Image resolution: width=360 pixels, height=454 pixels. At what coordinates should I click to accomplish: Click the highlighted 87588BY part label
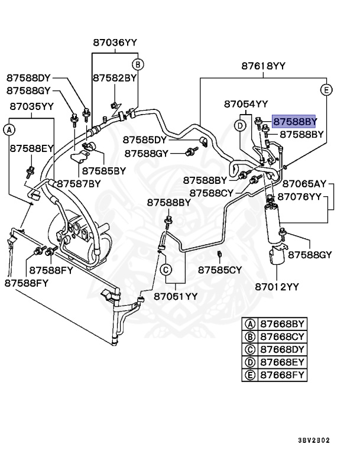pos(294,121)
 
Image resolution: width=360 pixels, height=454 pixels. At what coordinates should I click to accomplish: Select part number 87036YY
pos(115,43)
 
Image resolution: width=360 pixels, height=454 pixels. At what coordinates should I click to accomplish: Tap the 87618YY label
pos(263,66)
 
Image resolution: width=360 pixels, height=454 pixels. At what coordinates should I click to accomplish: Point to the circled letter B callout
pos(138,64)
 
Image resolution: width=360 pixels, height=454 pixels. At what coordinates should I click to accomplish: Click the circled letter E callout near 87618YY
pos(326,90)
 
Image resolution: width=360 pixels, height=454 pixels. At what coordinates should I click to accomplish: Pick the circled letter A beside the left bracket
pos(9,130)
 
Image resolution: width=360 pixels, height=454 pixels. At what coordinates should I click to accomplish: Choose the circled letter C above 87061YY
pos(166,270)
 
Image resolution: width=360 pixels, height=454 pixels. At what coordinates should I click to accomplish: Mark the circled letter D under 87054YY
pos(240,126)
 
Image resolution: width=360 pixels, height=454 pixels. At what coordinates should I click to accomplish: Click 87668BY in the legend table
pos(282,324)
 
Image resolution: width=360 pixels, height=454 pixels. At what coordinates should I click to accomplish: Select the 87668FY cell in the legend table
pos(282,375)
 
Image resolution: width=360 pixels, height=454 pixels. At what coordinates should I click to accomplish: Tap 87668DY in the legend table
pos(282,349)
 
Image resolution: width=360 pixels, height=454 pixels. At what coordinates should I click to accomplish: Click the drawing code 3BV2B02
pos(314,440)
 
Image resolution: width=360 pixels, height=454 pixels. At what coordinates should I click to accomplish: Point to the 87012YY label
pos(277,287)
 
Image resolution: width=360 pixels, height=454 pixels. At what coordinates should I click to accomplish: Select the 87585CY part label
pos(219,270)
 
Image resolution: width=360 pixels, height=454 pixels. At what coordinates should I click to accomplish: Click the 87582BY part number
pos(115,78)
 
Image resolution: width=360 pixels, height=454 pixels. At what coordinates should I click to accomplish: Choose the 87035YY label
pos(31,106)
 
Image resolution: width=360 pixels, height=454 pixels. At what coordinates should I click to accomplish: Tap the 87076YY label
pos(300,197)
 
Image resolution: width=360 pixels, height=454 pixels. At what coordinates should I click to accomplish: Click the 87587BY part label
pos(79,184)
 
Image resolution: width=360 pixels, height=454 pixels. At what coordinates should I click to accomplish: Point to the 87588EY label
pos(31,148)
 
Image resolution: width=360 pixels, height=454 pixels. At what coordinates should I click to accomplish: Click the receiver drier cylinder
pos(273,223)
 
